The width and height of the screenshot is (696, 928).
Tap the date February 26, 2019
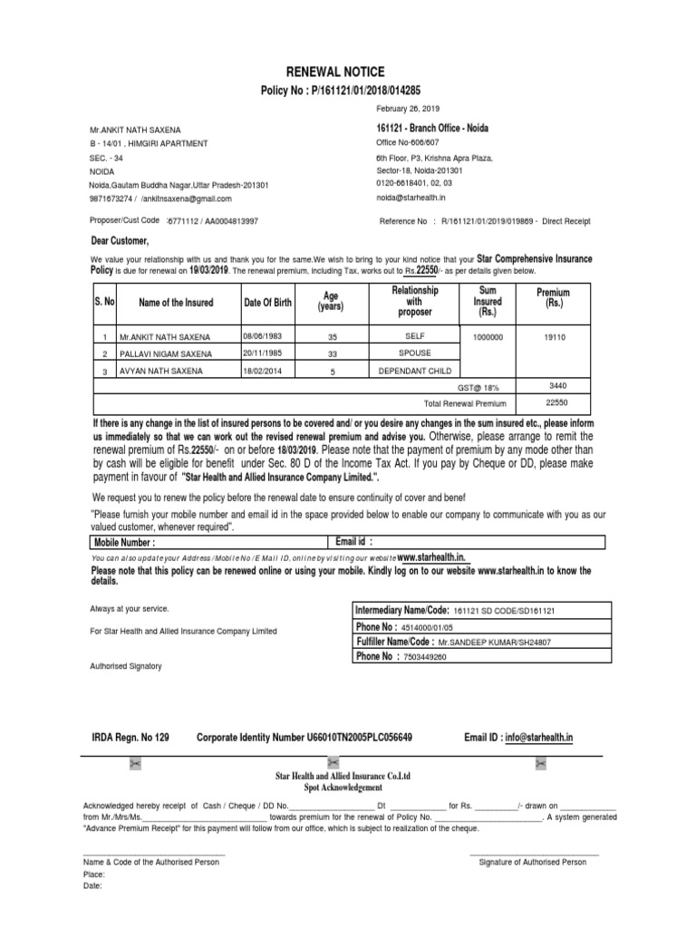click(x=406, y=109)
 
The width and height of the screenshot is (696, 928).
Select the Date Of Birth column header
click(x=267, y=302)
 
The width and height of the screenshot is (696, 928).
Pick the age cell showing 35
click(x=331, y=336)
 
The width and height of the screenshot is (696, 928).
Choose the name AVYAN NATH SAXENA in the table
click(x=164, y=371)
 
